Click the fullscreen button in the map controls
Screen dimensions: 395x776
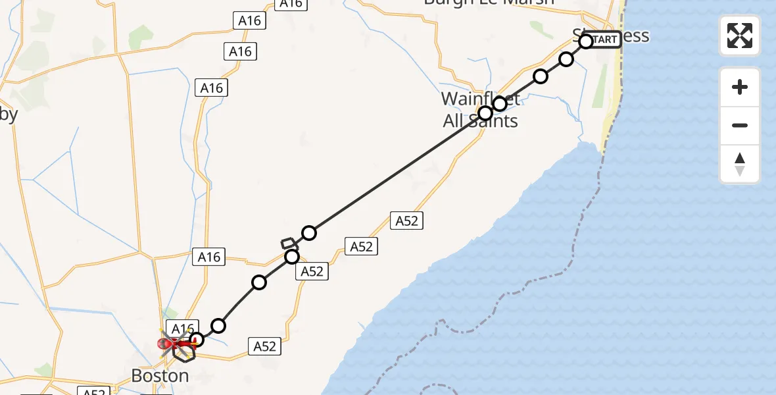click(740, 35)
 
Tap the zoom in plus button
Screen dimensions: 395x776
click(740, 87)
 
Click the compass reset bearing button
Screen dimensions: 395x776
click(740, 165)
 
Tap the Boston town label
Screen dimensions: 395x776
click(160, 376)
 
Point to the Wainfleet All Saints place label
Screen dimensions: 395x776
click(479, 110)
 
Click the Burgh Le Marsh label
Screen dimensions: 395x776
click(489, 2)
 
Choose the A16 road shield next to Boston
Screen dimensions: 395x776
click(182, 328)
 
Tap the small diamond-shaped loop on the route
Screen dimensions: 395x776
click(289, 244)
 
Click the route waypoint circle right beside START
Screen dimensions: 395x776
click(586, 42)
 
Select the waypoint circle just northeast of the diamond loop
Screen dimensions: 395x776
click(309, 233)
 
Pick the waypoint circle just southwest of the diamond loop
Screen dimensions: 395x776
click(292, 257)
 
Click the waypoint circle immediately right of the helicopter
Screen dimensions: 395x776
click(196, 340)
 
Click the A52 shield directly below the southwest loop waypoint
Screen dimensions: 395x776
click(312, 271)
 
